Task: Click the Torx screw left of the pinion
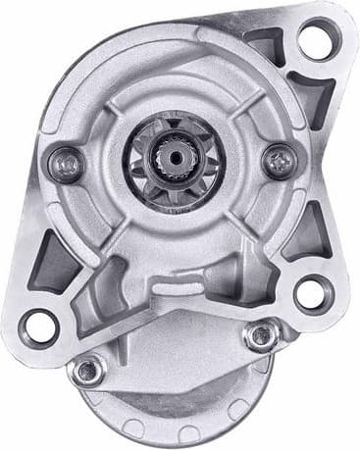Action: coord(68,158)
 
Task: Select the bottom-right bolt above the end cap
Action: coord(261,336)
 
